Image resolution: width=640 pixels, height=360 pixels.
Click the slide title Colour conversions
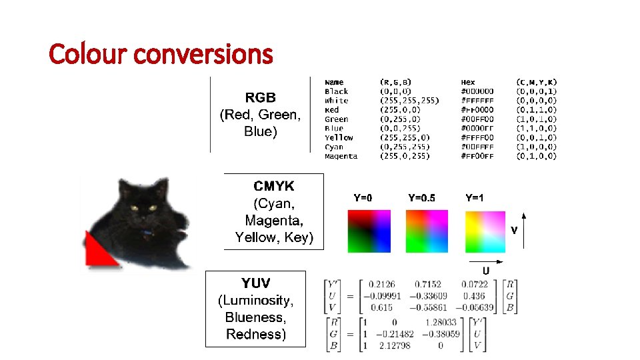coord(161,54)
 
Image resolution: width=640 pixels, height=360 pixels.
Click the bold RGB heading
coord(260,97)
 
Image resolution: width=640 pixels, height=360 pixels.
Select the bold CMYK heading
coord(273,186)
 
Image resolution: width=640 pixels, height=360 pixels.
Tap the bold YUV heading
coord(255,283)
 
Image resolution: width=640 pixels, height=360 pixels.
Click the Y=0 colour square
coord(369,231)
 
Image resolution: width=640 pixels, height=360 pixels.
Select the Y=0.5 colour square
coord(426,231)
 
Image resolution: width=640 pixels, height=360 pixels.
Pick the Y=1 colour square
coord(485,231)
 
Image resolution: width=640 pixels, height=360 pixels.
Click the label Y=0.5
coord(421,198)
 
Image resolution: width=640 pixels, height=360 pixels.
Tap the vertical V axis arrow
coord(525,230)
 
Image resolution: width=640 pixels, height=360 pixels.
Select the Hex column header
coord(469,82)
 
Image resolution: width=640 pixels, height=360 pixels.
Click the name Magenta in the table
coord(341,156)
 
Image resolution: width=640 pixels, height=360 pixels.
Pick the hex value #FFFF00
coord(477,137)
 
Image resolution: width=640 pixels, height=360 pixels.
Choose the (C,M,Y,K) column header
coord(537,82)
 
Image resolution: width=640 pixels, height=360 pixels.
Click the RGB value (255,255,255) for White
coord(409,101)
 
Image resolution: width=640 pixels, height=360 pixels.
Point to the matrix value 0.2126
coord(381,284)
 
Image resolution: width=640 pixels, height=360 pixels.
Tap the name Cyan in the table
coord(334,147)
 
